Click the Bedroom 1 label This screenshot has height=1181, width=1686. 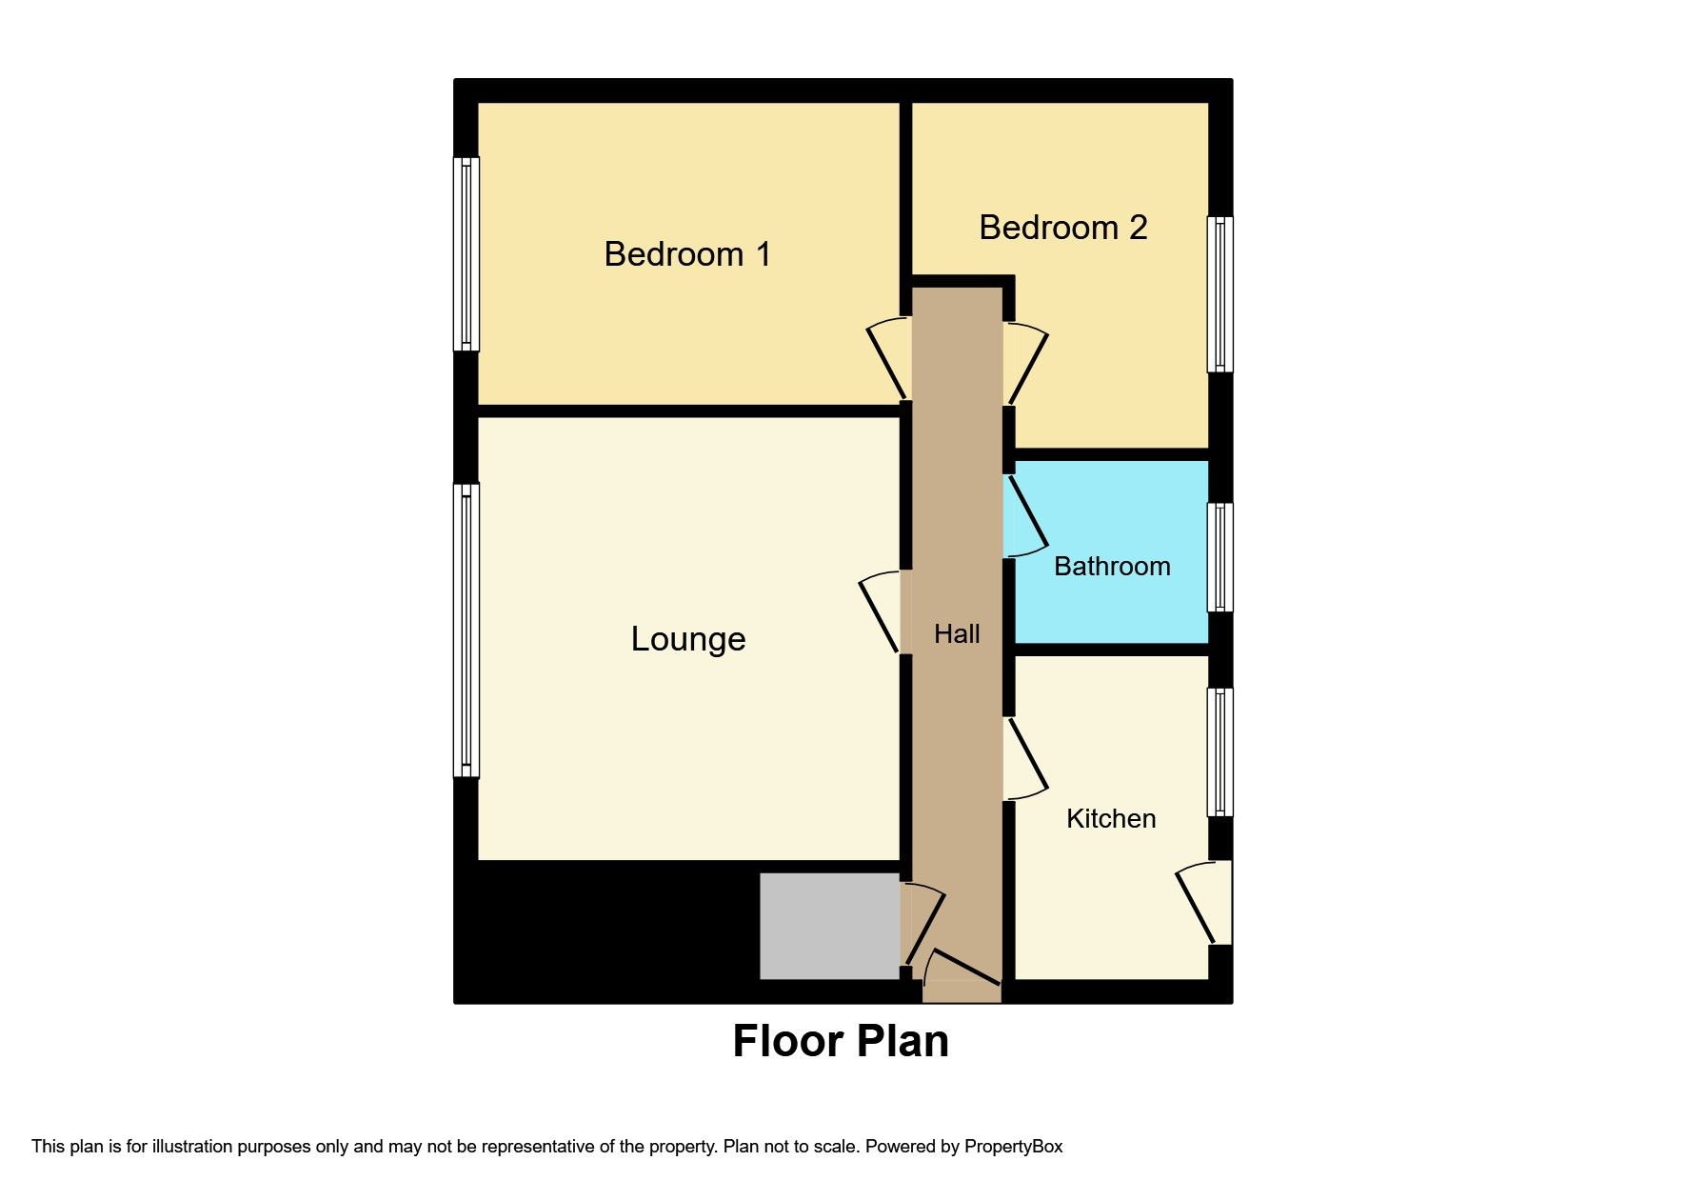(x=687, y=254)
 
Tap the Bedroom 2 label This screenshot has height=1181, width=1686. (x=1062, y=228)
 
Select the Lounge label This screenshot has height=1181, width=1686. (x=687, y=638)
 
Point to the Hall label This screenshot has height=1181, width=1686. (x=957, y=633)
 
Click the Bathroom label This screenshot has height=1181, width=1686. (x=1112, y=566)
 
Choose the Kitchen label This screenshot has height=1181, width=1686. (x=1111, y=818)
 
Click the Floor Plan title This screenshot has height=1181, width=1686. (x=841, y=1041)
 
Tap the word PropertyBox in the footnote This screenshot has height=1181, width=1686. (x=1013, y=1147)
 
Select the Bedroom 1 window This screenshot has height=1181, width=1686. (x=466, y=253)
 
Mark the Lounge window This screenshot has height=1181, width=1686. (x=466, y=630)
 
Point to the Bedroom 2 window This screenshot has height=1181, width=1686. (x=1220, y=293)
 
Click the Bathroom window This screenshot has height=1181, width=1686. (x=1220, y=556)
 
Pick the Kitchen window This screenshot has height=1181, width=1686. (x=1220, y=751)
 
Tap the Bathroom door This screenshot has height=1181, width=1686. (x=1025, y=515)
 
